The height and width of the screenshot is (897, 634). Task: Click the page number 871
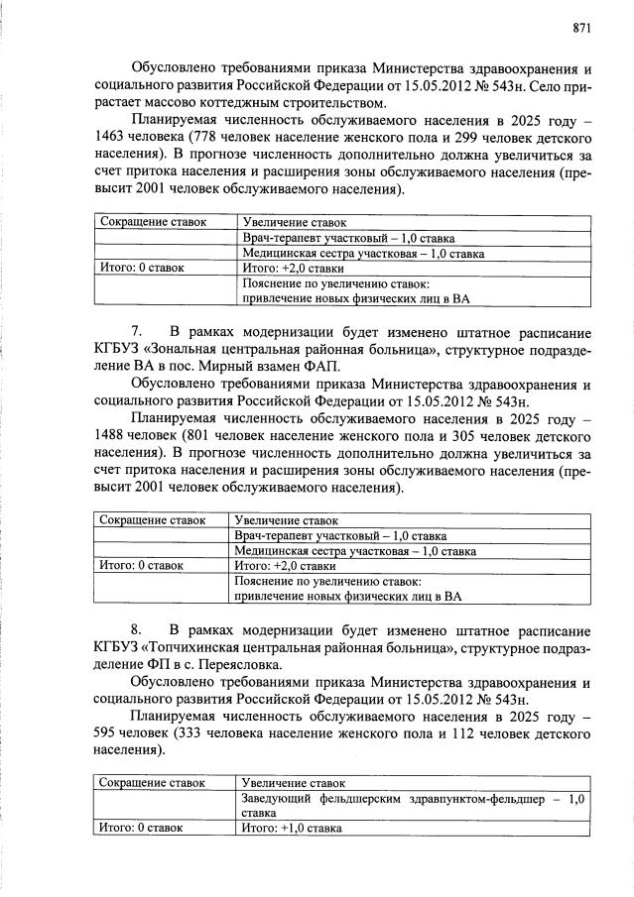[x=581, y=27]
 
